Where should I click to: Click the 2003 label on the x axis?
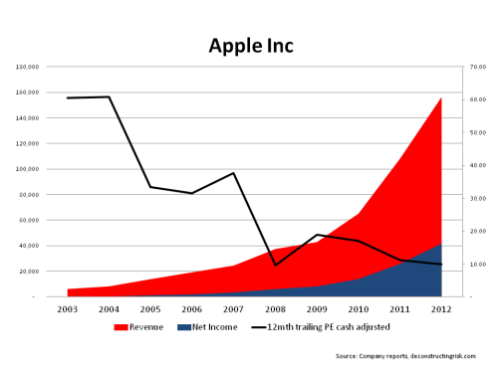pos(68,309)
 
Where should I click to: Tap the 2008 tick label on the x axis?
pos(276,309)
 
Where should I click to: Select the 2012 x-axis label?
pos(441,309)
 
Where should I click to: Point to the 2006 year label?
pos(192,309)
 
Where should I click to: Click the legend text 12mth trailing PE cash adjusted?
pos(327,327)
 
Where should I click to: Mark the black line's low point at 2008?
pos(276,265)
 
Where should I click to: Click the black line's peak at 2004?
pos(110,96)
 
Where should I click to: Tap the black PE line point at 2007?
pos(234,173)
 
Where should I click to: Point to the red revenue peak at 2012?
pos(441,97)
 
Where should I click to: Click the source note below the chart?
pos(406,355)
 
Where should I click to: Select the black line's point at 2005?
pos(151,187)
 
